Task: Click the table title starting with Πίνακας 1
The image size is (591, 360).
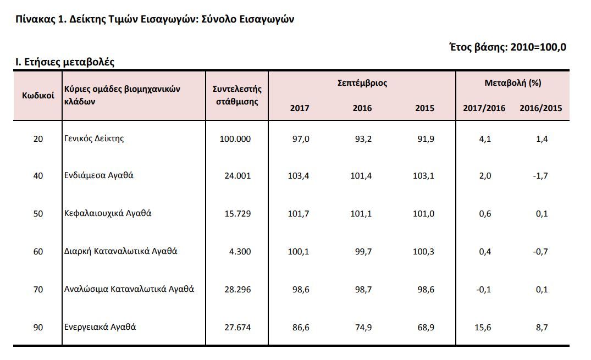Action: coord(154,19)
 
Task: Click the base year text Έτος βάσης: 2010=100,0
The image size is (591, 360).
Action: coord(507,47)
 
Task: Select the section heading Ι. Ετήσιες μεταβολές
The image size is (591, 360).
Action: coord(65,62)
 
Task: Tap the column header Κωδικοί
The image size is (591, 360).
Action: coord(38,96)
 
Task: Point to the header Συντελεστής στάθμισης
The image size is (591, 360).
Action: coord(237,96)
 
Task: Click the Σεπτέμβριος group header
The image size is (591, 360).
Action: coord(362,83)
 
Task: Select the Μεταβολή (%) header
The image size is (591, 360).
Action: coord(512,83)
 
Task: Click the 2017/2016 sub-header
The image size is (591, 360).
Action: coord(484,108)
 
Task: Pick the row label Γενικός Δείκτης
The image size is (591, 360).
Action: coord(94,139)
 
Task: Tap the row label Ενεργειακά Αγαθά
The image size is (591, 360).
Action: coord(100,327)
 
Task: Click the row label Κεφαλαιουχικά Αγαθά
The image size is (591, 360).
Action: coord(108,213)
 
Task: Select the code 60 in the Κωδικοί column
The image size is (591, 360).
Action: coord(38,251)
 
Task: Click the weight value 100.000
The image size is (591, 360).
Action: coord(235,139)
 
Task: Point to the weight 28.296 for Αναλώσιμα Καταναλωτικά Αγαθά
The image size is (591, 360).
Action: coord(237,290)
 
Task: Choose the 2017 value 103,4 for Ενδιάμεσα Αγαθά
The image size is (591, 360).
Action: coord(299,176)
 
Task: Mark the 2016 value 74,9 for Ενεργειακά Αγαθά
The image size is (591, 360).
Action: coord(363,328)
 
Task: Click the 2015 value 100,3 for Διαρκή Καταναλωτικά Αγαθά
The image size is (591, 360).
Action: coord(424,252)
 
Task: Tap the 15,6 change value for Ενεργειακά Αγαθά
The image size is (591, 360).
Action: coord(483,328)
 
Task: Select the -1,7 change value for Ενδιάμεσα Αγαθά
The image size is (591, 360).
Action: coord(540,176)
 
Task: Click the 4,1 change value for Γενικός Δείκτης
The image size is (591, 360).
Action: coord(485,139)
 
